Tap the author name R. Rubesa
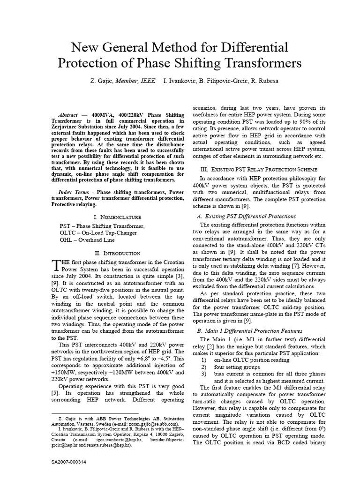(265, 81)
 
